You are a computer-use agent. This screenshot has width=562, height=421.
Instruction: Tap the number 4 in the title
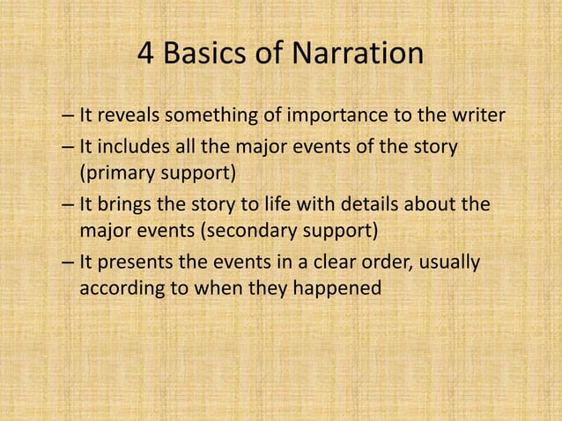pyautogui.click(x=147, y=55)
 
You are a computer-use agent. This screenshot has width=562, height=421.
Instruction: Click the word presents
pyautogui.click(x=136, y=262)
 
